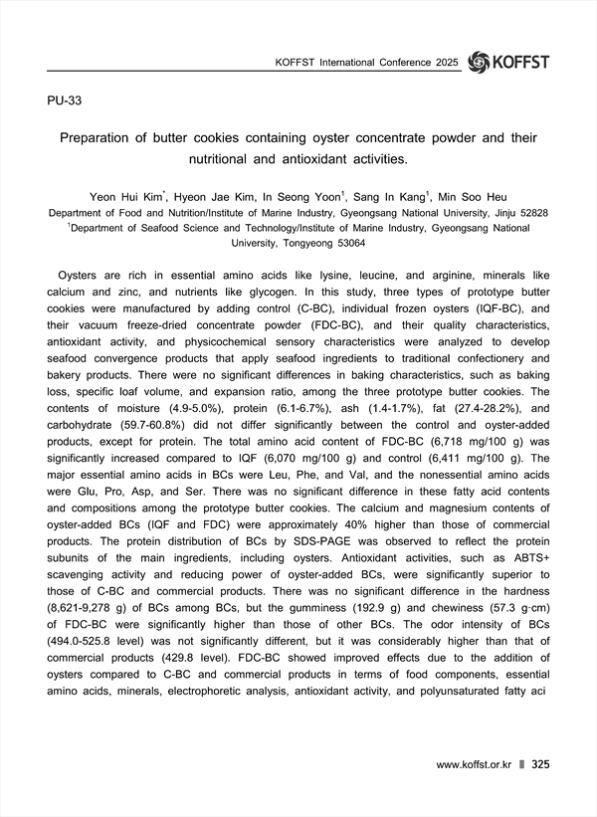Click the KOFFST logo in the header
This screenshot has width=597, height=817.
[507, 62]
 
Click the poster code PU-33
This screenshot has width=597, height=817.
[65, 102]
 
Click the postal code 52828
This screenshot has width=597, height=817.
[530, 213]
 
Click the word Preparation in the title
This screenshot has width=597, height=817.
[99, 139]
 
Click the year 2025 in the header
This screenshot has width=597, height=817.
[446, 63]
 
